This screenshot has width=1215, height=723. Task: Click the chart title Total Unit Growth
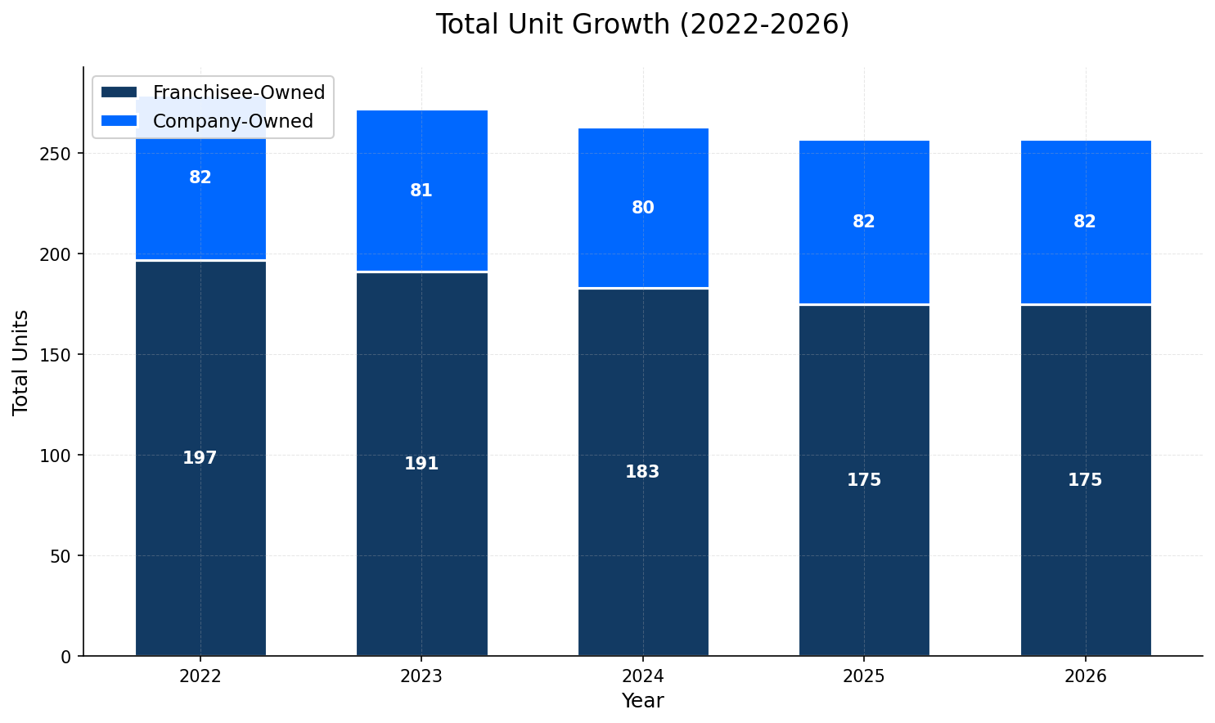[x=642, y=25]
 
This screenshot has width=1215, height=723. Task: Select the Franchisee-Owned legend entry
[x=238, y=92]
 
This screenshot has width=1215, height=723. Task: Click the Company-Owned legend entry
[x=232, y=121]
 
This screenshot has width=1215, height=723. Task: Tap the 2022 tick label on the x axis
[x=200, y=676]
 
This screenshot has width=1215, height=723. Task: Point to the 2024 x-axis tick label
[x=643, y=676]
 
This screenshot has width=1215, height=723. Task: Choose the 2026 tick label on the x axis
[x=1085, y=676]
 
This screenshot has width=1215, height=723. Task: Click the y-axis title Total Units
[x=21, y=361]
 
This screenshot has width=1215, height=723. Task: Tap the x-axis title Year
[x=642, y=701]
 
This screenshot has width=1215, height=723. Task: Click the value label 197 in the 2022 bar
[x=200, y=458]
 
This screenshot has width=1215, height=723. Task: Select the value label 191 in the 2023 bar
[x=421, y=464]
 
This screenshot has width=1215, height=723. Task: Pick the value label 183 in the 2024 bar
[x=642, y=472]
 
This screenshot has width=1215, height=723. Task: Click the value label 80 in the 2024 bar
[x=643, y=208]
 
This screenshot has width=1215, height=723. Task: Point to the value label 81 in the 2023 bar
[x=421, y=191]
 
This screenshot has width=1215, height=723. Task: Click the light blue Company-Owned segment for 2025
[x=864, y=188]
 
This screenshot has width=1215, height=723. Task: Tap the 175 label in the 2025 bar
[x=864, y=480]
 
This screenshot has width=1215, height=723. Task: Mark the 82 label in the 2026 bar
[x=1085, y=222]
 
